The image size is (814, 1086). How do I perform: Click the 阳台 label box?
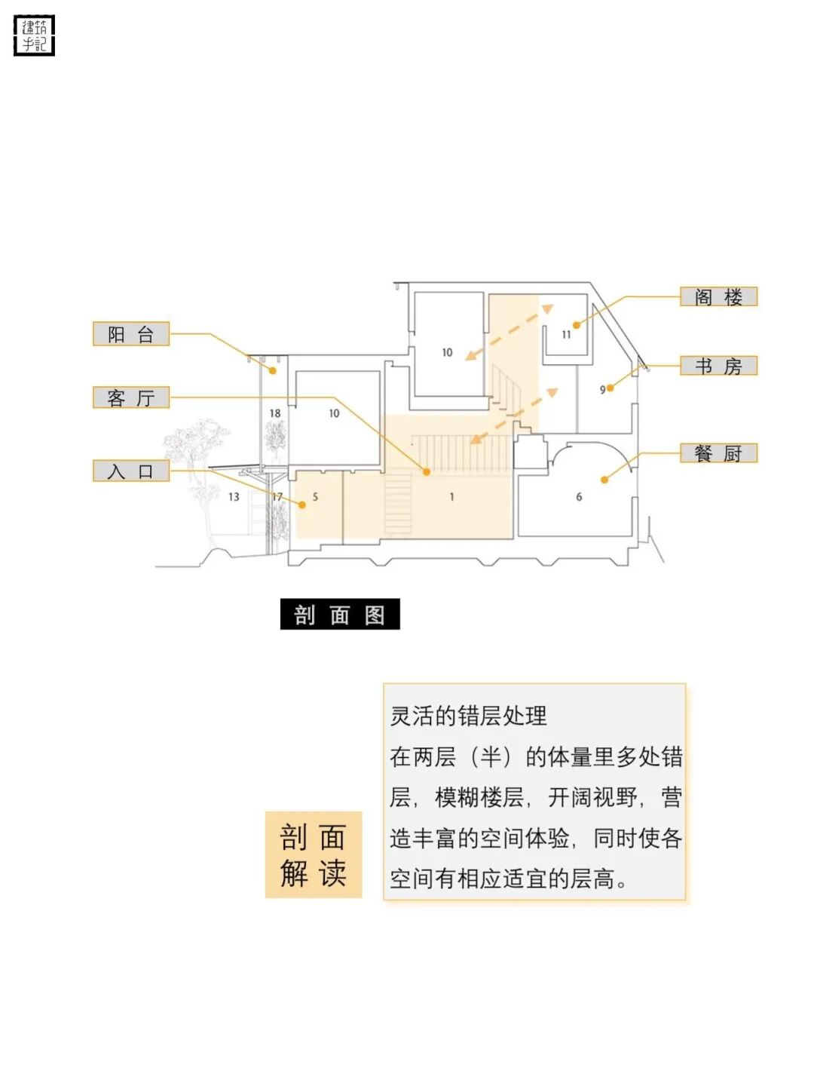click(131, 334)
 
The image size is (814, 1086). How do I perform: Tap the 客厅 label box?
click(131, 397)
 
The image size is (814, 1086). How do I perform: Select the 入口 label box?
click(131, 471)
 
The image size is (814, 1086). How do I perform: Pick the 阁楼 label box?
click(718, 296)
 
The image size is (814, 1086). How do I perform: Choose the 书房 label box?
click(718, 366)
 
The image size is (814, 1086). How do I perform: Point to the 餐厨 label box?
click(718, 453)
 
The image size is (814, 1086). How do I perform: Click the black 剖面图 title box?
click(340, 615)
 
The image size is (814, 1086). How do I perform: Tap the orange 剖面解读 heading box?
click(314, 854)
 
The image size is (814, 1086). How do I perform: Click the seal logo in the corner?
click(35, 35)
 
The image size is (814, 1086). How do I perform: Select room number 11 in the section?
click(566, 335)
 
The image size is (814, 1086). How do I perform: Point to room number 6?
click(579, 497)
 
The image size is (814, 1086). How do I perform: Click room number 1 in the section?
click(451, 497)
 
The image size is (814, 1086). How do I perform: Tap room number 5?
click(315, 497)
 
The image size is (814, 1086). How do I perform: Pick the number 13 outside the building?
click(234, 497)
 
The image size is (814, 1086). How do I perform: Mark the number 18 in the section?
click(274, 413)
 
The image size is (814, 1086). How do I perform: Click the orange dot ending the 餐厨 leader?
click(604, 480)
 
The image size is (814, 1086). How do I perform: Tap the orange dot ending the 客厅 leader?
click(427, 472)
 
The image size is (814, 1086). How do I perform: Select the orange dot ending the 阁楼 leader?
click(577, 325)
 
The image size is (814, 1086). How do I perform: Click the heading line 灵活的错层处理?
click(469, 716)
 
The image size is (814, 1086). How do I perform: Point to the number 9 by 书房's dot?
click(602, 390)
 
